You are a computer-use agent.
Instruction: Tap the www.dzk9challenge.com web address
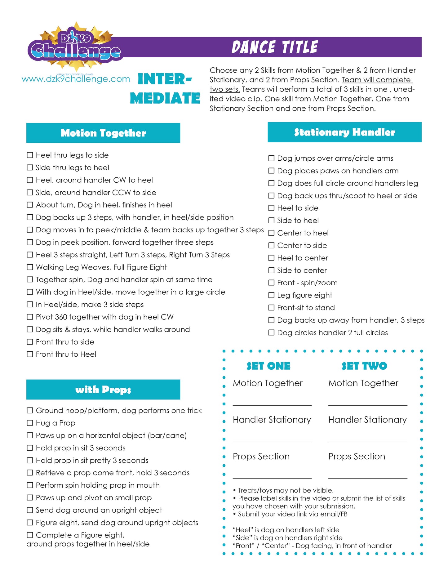pos(76,79)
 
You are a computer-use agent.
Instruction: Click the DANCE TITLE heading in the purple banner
pos(274,47)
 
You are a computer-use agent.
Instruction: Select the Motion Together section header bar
pos(103,133)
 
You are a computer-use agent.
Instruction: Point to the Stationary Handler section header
pos(344,132)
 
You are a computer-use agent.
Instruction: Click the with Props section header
pos(103,390)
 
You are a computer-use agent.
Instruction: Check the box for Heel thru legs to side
pos(30,155)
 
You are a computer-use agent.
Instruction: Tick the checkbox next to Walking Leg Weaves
pos(30,267)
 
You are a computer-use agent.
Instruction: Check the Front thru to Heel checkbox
pos(30,354)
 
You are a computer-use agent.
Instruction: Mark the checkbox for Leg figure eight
pos(271,295)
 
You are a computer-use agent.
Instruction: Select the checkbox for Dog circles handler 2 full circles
pos(271,332)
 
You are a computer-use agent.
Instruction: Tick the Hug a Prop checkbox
pos(30,423)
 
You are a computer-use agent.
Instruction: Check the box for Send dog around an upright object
pos(30,510)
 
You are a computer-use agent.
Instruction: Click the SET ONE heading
pos(268,366)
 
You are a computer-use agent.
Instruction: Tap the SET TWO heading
pos(364,366)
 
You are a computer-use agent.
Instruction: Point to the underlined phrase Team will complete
pos(376,80)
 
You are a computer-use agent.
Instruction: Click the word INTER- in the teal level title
pos(165,79)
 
